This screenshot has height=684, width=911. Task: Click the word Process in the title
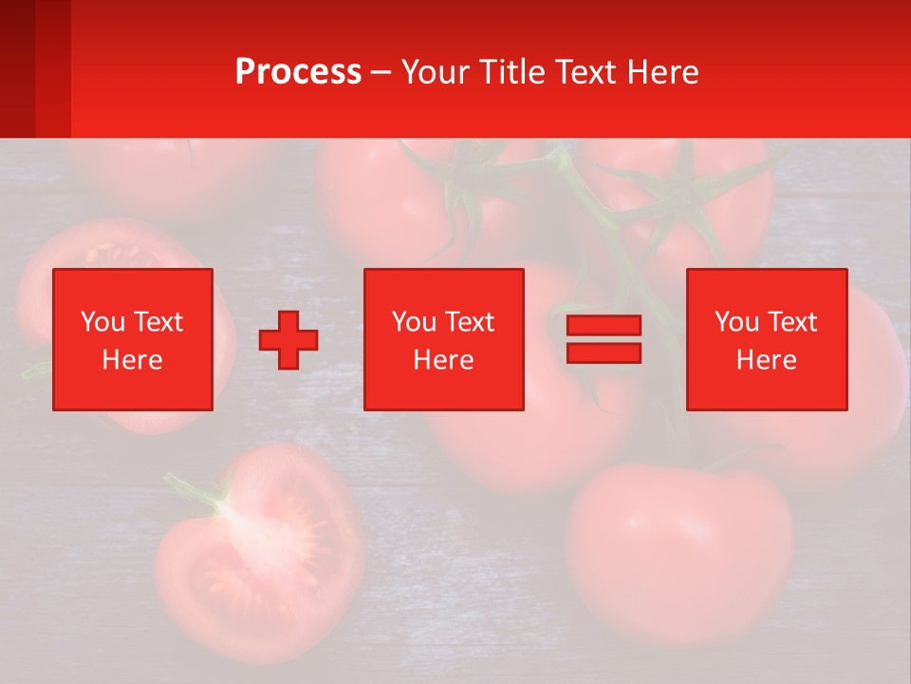click(x=298, y=72)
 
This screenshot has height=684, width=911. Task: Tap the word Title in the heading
click(x=512, y=72)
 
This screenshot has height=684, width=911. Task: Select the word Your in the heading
click(x=437, y=72)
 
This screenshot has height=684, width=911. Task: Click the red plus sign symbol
click(x=288, y=340)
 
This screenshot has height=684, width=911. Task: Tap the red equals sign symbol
click(x=604, y=339)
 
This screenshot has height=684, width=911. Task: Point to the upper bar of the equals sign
click(x=604, y=326)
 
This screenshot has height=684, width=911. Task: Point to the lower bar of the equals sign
click(x=604, y=352)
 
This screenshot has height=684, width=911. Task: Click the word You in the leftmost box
click(x=102, y=322)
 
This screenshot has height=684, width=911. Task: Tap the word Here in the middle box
click(x=443, y=360)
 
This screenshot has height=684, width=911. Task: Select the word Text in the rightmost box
click(x=792, y=322)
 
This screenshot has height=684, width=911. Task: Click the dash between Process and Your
click(x=381, y=72)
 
